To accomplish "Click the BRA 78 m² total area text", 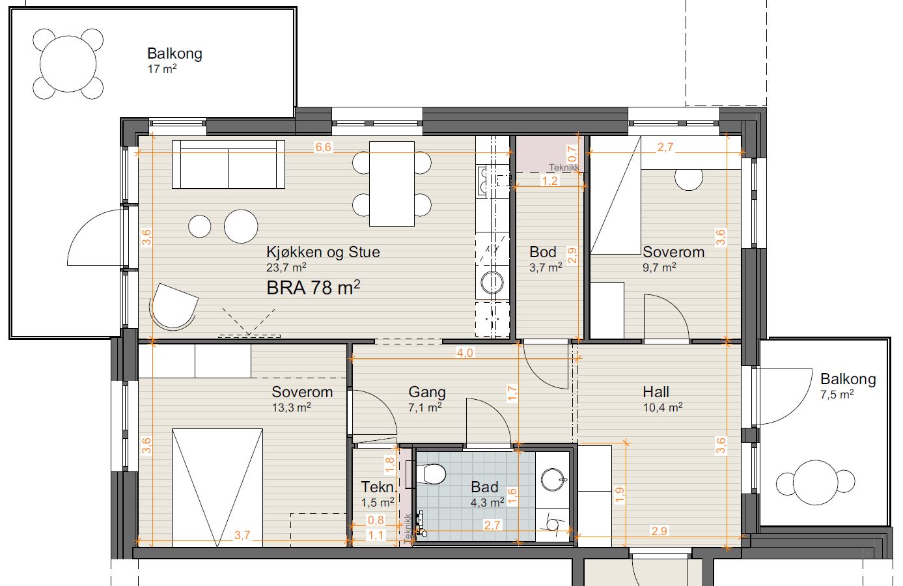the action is tap(313, 288).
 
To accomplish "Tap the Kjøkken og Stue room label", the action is tap(323, 252).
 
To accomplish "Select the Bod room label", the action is tap(542, 252).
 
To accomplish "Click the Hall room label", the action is tap(656, 391).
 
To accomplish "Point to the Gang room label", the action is tap(427, 392).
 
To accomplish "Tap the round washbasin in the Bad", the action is tap(553, 479).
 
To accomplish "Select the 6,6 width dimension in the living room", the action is tap(324, 147).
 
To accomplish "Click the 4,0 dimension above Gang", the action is tap(465, 353).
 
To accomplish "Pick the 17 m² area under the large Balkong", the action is tap(162, 69).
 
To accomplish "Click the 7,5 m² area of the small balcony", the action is tap(837, 394).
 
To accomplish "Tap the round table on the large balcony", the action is tap(68, 64).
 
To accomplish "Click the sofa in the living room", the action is tap(229, 164).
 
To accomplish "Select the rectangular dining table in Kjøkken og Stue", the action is tap(392, 184).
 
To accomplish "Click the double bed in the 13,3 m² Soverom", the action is tap(217, 488).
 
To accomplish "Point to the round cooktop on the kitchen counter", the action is tap(492, 283).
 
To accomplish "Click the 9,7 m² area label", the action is tap(660, 268).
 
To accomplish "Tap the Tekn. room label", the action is tap(378, 487).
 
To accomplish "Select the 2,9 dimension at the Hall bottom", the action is tap(659, 531).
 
